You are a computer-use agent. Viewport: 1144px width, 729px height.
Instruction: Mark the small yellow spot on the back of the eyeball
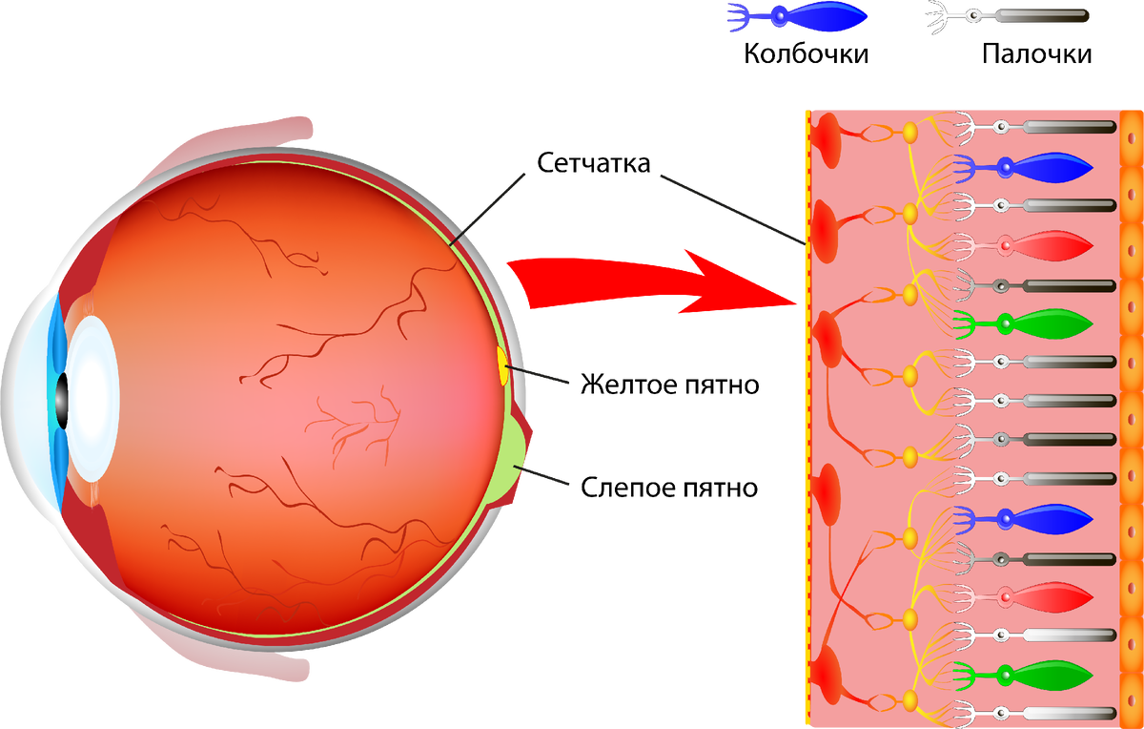point(502,365)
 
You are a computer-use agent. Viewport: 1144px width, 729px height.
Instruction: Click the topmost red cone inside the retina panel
point(1044,246)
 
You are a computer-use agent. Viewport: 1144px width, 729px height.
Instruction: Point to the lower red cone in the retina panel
point(1044,597)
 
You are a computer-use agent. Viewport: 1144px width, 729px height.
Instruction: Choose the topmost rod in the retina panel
point(1058,127)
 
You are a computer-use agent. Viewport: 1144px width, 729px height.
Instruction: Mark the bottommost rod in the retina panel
point(1058,714)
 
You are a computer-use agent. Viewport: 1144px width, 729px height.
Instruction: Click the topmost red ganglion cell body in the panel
point(826,143)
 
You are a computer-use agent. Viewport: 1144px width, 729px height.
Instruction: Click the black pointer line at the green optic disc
point(545,477)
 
